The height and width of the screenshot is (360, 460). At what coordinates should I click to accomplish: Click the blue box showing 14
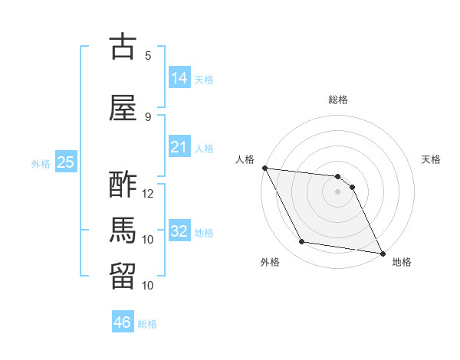pyautogui.click(x=179, y=77)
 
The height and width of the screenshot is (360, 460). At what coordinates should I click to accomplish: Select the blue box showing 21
pyautogui.click(x=179, y=147)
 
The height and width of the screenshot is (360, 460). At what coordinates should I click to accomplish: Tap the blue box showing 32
pyautogui.click(x=179, y=231)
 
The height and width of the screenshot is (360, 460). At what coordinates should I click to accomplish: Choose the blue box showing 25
pyautogui.click(x=65, y=162)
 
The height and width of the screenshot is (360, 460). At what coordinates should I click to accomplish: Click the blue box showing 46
pyautogui.click(x=123, y=322)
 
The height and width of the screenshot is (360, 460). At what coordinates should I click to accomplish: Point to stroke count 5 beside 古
pyautogui.click(x=148, y=56)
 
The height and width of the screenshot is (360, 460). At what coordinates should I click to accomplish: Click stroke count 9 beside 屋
pyautogui.click(x=148, y=116)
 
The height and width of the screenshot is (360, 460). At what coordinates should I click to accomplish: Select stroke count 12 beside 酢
pyautogui.click(x=148, y=194)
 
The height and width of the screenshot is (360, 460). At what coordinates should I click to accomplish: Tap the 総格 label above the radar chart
pyautogui.click(x=338, y=100)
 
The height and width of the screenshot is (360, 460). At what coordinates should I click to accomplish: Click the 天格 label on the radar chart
pyautogui.click(x=431, y=159)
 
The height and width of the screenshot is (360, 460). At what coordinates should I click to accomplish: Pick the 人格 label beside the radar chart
pyautogui.click(x=245, y=159)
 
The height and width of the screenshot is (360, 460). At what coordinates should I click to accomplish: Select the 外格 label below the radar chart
pyautogui.click(x=269, y=263)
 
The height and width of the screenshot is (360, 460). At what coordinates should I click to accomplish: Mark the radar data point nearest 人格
pyautogui.click(x=264, y=168)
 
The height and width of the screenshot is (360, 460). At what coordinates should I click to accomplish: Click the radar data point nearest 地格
pyautogui.click(x=382, y=253)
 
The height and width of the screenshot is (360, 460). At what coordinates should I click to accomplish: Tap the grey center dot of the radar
pyautogui.click(x=338, y=191)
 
